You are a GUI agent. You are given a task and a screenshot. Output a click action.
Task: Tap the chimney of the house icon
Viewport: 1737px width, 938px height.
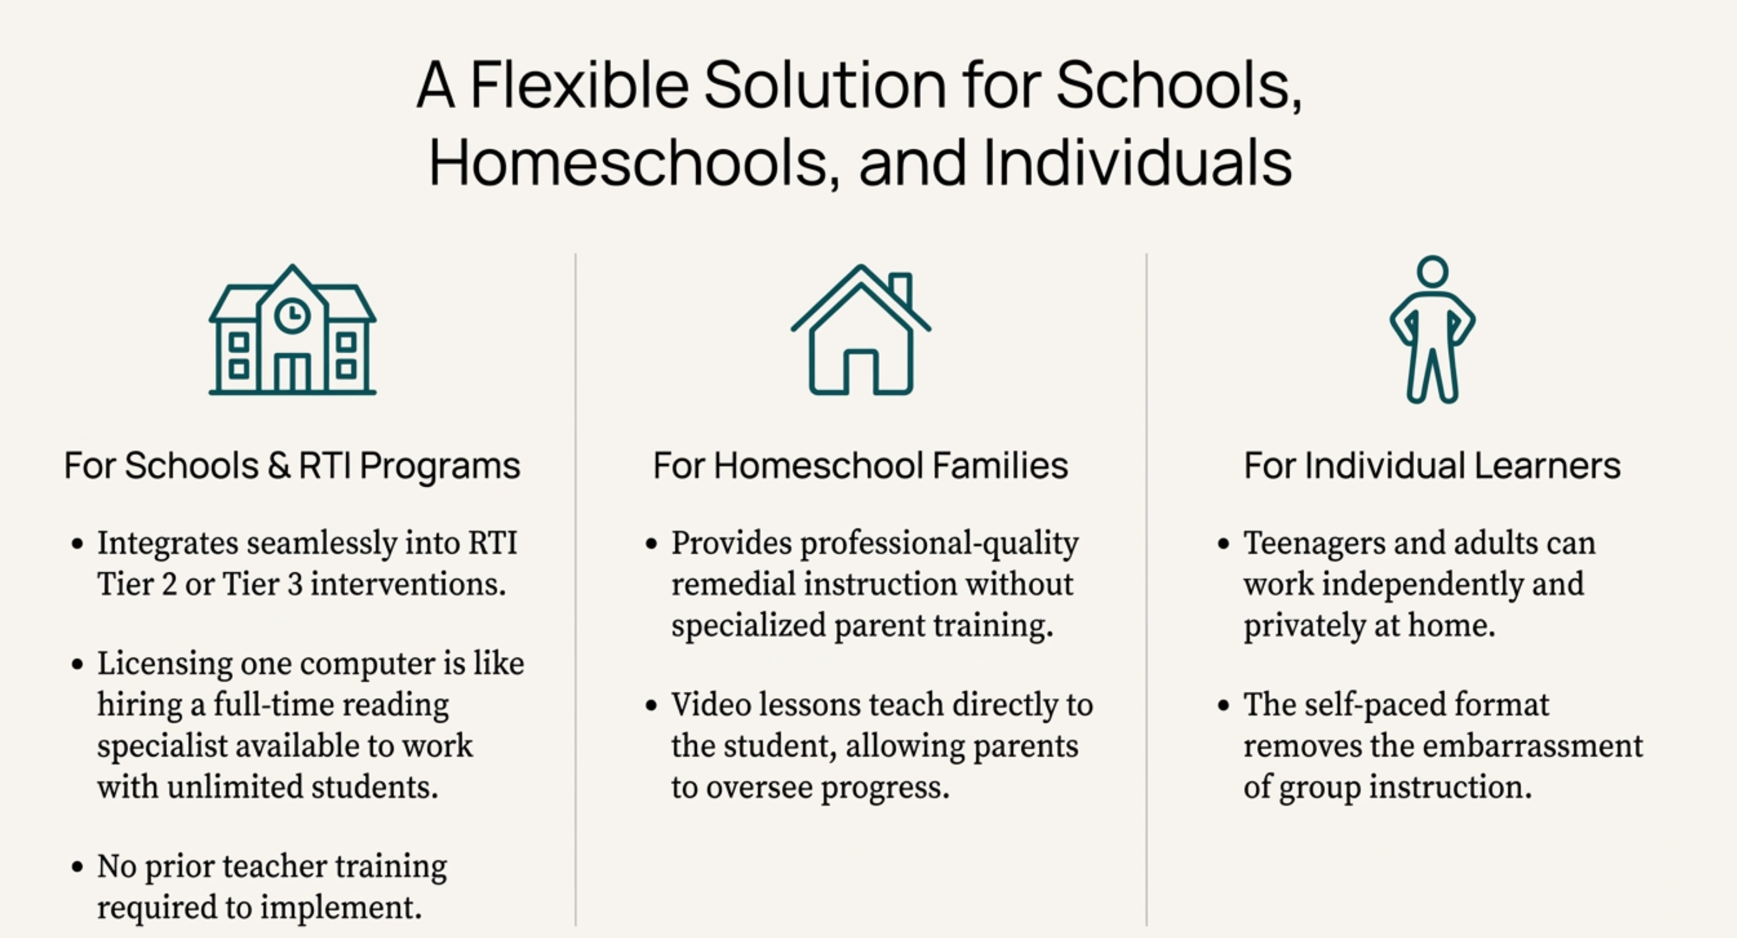[x=901, y=290]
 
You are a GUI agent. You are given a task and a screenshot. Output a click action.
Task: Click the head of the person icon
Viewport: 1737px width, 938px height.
[x=1432, y=271]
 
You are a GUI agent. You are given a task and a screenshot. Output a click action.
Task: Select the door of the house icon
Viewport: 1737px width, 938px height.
[x=860, y=371]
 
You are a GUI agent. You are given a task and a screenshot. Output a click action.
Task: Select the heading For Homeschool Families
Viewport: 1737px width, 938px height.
[x=860, y=465]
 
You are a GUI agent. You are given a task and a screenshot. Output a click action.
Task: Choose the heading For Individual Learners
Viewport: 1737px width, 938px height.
[x=1432, y=465]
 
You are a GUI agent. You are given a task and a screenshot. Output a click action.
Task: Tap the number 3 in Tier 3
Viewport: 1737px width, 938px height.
[x=295, y=584]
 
